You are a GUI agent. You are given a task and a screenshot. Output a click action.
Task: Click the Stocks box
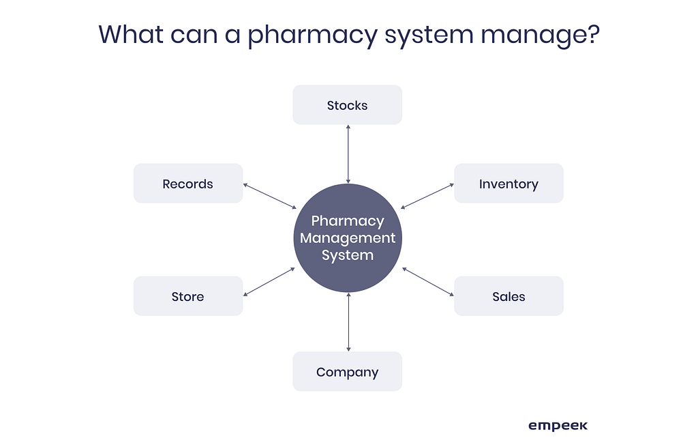(x=347, y=105)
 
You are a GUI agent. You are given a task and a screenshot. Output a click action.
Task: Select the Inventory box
(x=509, y=184)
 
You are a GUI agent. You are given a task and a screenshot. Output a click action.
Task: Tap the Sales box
(x=509, y=296)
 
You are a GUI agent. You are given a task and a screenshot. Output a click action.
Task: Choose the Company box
(x=347, y=372)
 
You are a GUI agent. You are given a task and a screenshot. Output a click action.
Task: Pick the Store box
(x=188, y=296)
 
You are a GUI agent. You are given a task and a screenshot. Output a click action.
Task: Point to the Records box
(x=188, y=184)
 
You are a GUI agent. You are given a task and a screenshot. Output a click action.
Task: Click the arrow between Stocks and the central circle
(x=348, y=154)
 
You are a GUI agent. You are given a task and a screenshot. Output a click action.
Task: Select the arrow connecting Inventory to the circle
(x=427, y=196)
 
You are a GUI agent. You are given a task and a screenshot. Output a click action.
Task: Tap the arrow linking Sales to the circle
(x=427, y=281)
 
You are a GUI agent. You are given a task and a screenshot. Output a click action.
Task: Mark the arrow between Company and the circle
(x=348, y=321)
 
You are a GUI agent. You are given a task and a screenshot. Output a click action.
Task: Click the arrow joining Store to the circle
(x=269, y=281)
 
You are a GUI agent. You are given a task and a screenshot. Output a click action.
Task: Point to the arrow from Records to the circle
(x=269, y=196)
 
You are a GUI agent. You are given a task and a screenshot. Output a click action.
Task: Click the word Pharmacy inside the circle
(x=348, y=221)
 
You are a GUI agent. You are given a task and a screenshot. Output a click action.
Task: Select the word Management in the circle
(x=348, y=238)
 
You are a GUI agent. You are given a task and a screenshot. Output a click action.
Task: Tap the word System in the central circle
(x=348, y=255)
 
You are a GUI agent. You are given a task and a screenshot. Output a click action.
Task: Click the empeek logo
(x=558, y=426)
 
